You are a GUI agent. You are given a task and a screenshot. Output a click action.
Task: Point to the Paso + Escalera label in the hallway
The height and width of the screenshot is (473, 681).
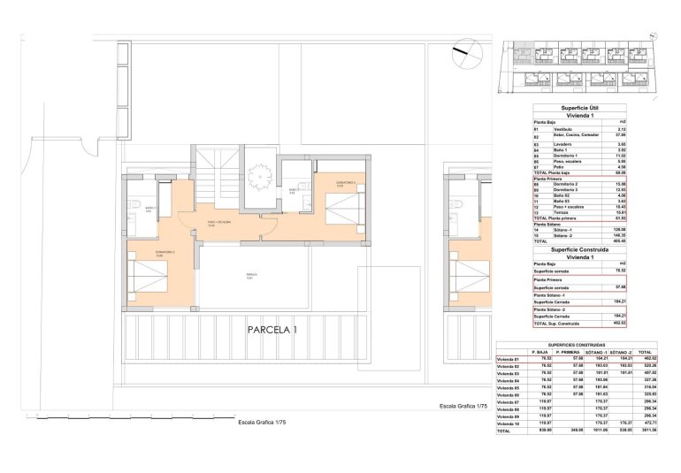coord(219,222)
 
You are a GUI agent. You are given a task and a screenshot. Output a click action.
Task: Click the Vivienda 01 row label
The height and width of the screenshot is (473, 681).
coord(509,358)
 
